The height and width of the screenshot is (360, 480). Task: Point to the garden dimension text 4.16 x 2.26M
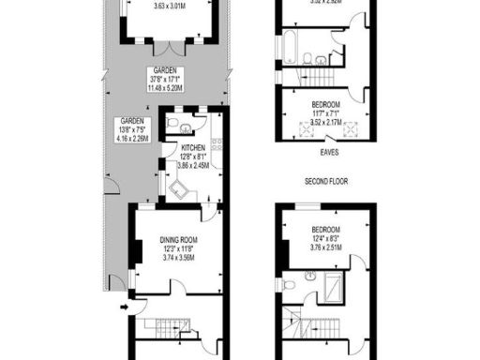click(130, 139)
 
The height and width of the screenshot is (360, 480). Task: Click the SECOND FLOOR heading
click(326, 179)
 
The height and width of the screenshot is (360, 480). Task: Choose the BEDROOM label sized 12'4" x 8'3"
click(326, 230)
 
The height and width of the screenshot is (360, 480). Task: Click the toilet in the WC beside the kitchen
click(188, 129)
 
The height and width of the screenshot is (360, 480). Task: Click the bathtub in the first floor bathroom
click(291, 41)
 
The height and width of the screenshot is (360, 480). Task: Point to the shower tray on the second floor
click(336, 283)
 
